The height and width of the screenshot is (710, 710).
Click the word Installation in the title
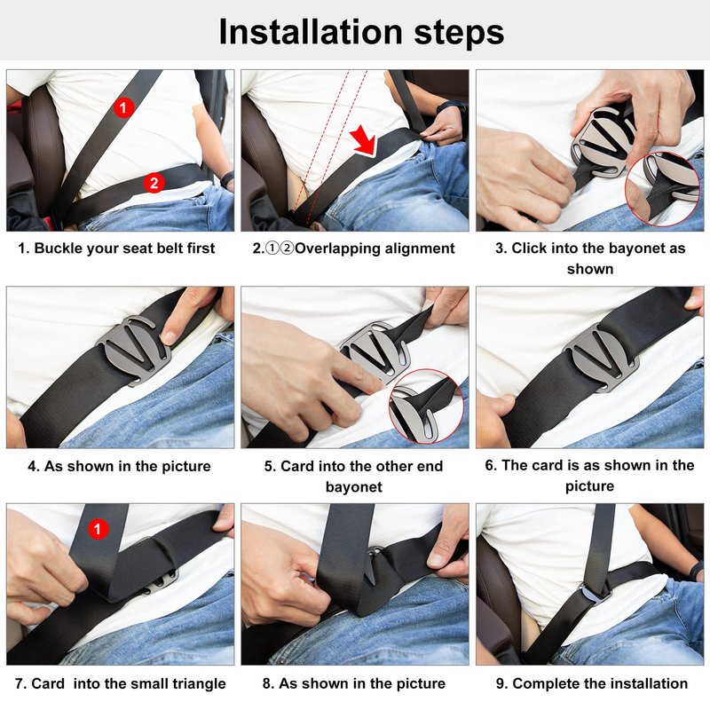311,32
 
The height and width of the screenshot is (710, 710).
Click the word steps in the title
459,34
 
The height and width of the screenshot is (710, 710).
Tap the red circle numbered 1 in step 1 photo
123,107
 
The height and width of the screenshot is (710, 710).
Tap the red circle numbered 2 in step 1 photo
154,183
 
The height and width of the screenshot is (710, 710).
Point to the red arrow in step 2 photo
365,140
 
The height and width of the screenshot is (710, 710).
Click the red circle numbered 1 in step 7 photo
98,529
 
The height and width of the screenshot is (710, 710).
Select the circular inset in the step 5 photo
426,406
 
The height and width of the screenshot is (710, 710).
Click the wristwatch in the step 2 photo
451,107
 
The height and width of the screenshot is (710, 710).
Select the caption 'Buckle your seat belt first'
124,248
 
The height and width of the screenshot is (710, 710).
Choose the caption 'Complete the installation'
600,683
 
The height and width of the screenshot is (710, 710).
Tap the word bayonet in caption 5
353,486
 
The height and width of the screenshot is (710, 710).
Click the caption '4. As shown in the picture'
119,466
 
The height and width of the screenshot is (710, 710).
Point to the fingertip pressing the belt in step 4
169,337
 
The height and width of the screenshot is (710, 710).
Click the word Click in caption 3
526,248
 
